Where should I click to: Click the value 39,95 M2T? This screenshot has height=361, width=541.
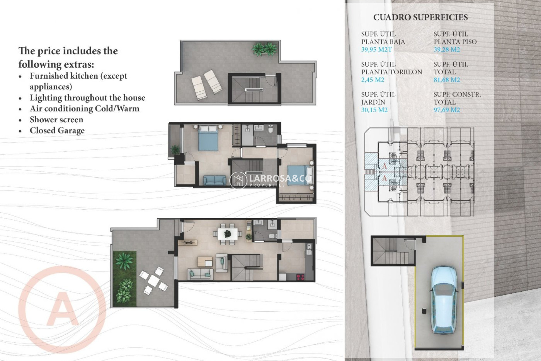(376, 50)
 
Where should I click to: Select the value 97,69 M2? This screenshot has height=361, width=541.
(447, 110)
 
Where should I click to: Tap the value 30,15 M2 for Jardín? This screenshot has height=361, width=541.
(374, 110)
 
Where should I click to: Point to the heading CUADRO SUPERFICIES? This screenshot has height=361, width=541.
(420, 17)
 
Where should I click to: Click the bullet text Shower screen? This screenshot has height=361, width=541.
(56, 120)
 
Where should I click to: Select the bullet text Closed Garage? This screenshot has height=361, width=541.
(57, 131)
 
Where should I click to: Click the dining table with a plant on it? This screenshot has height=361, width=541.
(228, 234)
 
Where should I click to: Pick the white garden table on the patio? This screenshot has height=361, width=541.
(154, 280)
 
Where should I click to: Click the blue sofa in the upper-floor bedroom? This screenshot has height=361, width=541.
(214, 180)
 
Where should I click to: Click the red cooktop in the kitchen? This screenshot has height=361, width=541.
(300, 277)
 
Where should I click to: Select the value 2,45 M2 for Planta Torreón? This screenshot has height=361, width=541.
(373, 80)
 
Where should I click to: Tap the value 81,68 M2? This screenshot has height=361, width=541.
(447, 80)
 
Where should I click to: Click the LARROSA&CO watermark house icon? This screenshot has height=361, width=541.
(238, 180)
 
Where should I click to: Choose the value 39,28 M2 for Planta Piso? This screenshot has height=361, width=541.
(447, 50)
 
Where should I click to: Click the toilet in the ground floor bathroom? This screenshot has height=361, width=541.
(272, 236)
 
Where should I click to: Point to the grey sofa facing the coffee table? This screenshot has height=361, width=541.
(200, 274)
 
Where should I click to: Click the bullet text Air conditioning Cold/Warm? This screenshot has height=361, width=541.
(85, 109)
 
